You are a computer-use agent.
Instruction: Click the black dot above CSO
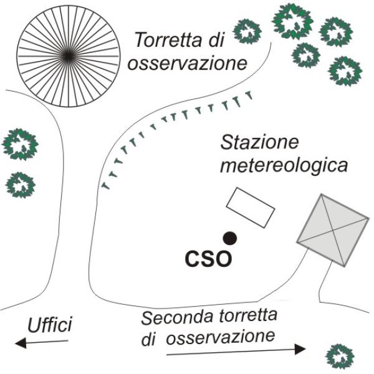pyautogui.click(x=230, y=237)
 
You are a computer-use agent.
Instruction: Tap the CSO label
pyautogui.click(x=209, y=257)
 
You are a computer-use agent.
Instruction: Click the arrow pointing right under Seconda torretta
pyautogui.click(x=236, y=352)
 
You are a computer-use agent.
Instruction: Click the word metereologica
pyautogui.click(x=283, y=166)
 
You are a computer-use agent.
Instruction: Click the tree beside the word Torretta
pyautogui.click(x=247, y=30)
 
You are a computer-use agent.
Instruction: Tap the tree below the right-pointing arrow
pyautogui.click(x=340, y=357)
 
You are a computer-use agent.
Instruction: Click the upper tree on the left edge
pyautogui.click(x=21, y=144)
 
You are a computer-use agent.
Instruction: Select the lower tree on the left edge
pyautogui.click(x=21, y=184)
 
